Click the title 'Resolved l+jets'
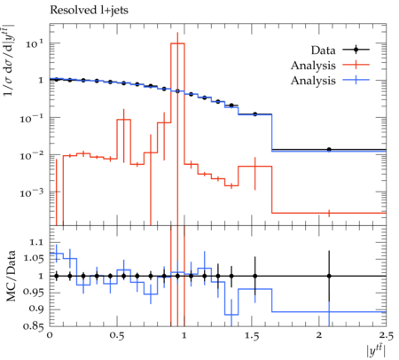[x=89, y=11]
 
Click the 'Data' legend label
[x=324, y=51]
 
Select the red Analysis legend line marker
[x=356, y=65]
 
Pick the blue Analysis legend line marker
[x=356, y=80]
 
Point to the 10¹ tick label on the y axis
[x=35, y=44]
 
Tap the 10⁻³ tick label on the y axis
[x=32, y=193]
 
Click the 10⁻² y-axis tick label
[x=32, y=156]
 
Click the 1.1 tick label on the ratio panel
[x=36, y=243]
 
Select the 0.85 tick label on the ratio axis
[x=33, y=326]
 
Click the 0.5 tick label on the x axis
[x=117, y=336]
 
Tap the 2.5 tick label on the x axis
[x=386, y=336]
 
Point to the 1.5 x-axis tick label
[x=252, y=336]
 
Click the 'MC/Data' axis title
[x=11, y=276]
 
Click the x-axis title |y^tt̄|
[x=376, y=351]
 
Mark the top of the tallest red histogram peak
[x=177, y=43]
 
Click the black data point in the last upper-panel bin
[x=329, y=150]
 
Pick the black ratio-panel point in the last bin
[x=329, y=276]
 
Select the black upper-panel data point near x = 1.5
[x=255, y=114]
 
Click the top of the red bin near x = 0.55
[x=124, y=120]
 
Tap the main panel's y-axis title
[x=9, y=60]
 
